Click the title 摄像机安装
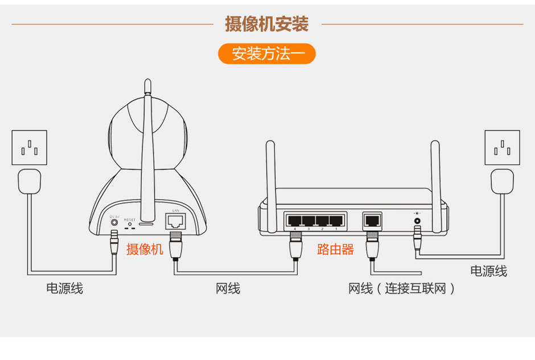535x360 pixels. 267,24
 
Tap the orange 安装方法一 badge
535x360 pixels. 267,54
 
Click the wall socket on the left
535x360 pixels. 30,148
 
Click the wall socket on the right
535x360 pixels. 502,148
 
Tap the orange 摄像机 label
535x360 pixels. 145,249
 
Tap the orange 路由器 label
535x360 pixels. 335,249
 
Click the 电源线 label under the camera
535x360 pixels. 64,289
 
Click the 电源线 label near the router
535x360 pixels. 488,271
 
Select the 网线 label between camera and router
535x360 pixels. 228,289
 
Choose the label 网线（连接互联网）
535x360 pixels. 402,289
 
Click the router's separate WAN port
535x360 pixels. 372,220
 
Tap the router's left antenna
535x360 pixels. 271,171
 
